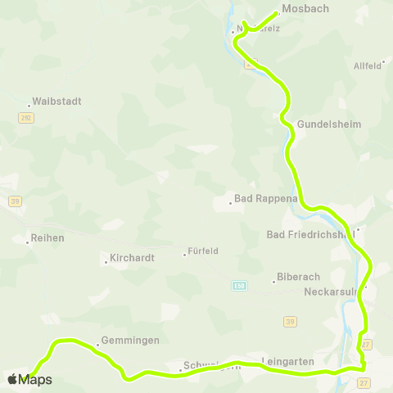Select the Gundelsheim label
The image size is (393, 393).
328,124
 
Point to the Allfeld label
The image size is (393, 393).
368,65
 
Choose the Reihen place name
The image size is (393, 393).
46,238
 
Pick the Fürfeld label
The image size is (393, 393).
203,251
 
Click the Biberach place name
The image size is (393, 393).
298,278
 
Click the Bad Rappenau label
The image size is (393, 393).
263,199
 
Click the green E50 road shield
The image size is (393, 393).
238,286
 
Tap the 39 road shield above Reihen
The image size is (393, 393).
16,201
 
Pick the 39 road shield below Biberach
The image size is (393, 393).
290,321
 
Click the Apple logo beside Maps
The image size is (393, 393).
12,379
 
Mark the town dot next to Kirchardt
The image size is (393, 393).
106,262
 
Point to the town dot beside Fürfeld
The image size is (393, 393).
184,254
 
